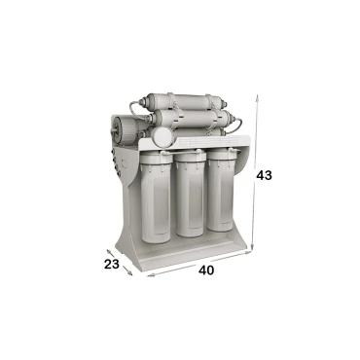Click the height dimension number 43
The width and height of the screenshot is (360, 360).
pos(264,175)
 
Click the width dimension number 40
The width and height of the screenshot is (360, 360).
pos(206,270)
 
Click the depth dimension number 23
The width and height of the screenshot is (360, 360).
pos(112,265)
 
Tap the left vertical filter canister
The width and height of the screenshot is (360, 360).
pos(156,198)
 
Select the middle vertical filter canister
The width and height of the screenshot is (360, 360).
pos(191,194)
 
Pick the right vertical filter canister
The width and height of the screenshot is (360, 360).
pos(221,190)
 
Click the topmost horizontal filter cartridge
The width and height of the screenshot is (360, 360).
pos(184,101)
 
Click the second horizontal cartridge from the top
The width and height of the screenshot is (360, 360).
pos(191,118)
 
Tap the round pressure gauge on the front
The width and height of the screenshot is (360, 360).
pos(162,136)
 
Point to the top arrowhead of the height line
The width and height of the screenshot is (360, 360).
pos(257,97)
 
